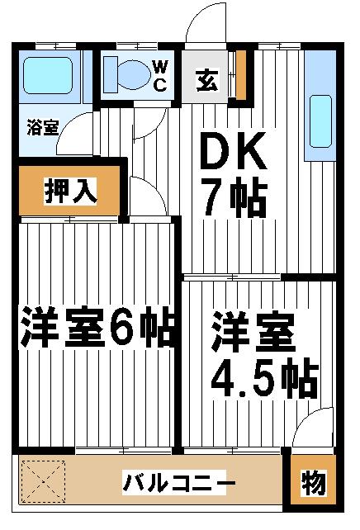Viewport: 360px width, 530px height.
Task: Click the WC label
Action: pyautogui.click(x=160, y=76)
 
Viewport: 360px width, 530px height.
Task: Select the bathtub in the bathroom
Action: pyautogui.click(x=48, y=76)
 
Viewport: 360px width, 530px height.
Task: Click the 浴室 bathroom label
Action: pyautogui.click(x=43, y=128)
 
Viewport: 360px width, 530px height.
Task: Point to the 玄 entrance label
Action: pyautogui.click(x=207, y=80)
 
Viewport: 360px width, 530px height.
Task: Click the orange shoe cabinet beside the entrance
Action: pyautogui.click(x=241, y=75)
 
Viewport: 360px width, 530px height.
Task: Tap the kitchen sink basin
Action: pyautogui.click(x=320, y=121)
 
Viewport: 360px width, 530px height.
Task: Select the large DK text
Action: pyautogui.click(x=233, y=150)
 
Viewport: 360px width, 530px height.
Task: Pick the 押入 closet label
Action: pyautogui.click(x=71, y=192)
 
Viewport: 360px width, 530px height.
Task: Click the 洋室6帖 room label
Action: pyautogui.click(x=97, y=327)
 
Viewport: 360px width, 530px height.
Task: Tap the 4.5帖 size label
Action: pyautogui.click(x=264, y=381)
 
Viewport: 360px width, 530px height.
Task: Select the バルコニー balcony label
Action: pyautogui.click(x=178, y=482)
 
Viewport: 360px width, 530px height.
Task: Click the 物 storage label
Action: pyautogui.click(x=314, y=483)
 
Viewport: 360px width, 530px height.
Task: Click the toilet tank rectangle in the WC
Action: pyautogui.click(x=110, y=74)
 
